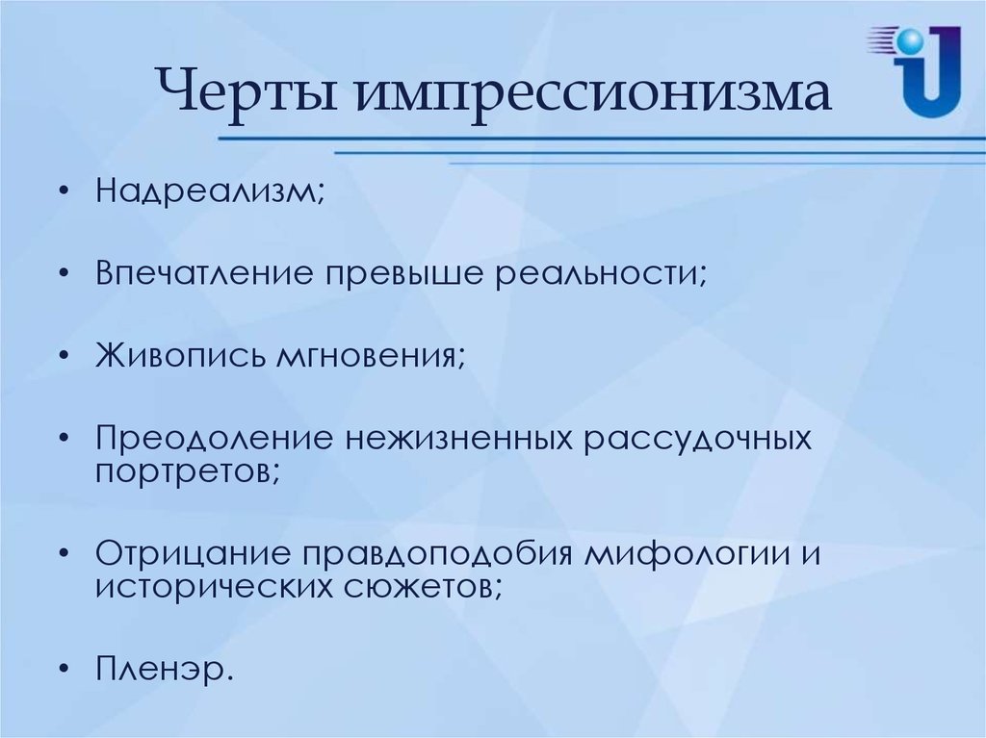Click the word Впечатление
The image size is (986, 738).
click(x=204, y=273)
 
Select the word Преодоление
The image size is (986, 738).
click(x=214, y=438)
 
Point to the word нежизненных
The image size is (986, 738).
click(x=458, y=440)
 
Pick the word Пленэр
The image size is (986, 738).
click(x=161, y=669)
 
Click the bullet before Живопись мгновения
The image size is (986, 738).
click(x=63, y=356)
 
